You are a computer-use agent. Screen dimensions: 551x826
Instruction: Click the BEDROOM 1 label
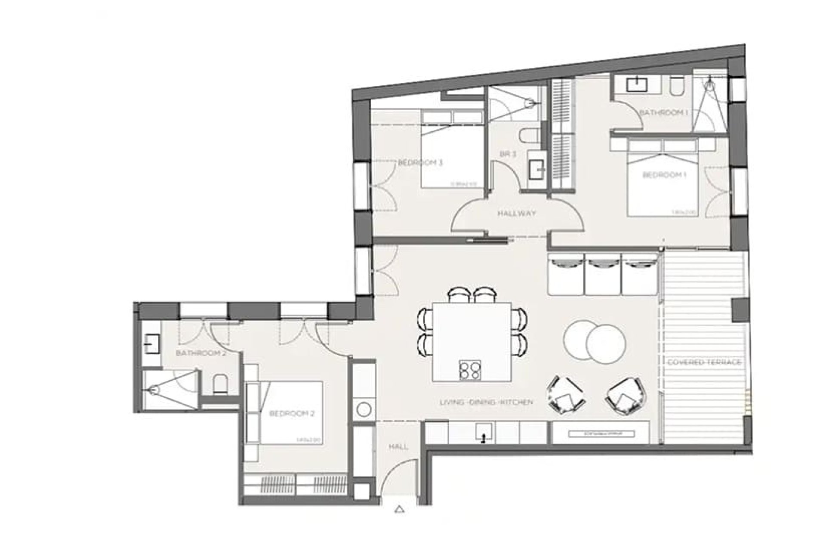[664, 175]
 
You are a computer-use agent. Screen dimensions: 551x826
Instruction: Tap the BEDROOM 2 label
[292, 414]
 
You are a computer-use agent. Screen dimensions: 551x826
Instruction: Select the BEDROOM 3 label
[420, 163]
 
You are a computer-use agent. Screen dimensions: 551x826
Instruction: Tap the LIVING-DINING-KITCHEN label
[487, 403]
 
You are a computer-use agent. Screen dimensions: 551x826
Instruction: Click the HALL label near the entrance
[398, 447]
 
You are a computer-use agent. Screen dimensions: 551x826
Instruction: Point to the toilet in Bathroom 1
[675, 87]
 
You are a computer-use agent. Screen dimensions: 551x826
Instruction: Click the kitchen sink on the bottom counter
[484, 433]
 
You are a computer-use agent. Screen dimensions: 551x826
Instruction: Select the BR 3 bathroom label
[508, 154]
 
